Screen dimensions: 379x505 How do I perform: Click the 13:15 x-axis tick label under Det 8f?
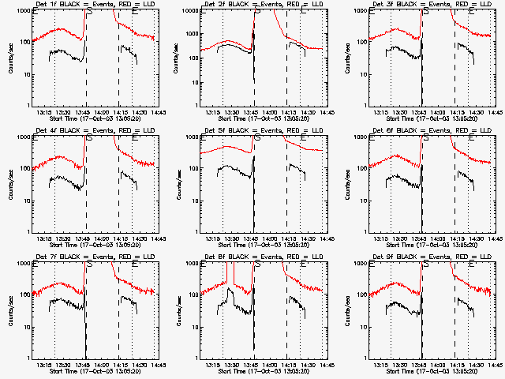213,365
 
